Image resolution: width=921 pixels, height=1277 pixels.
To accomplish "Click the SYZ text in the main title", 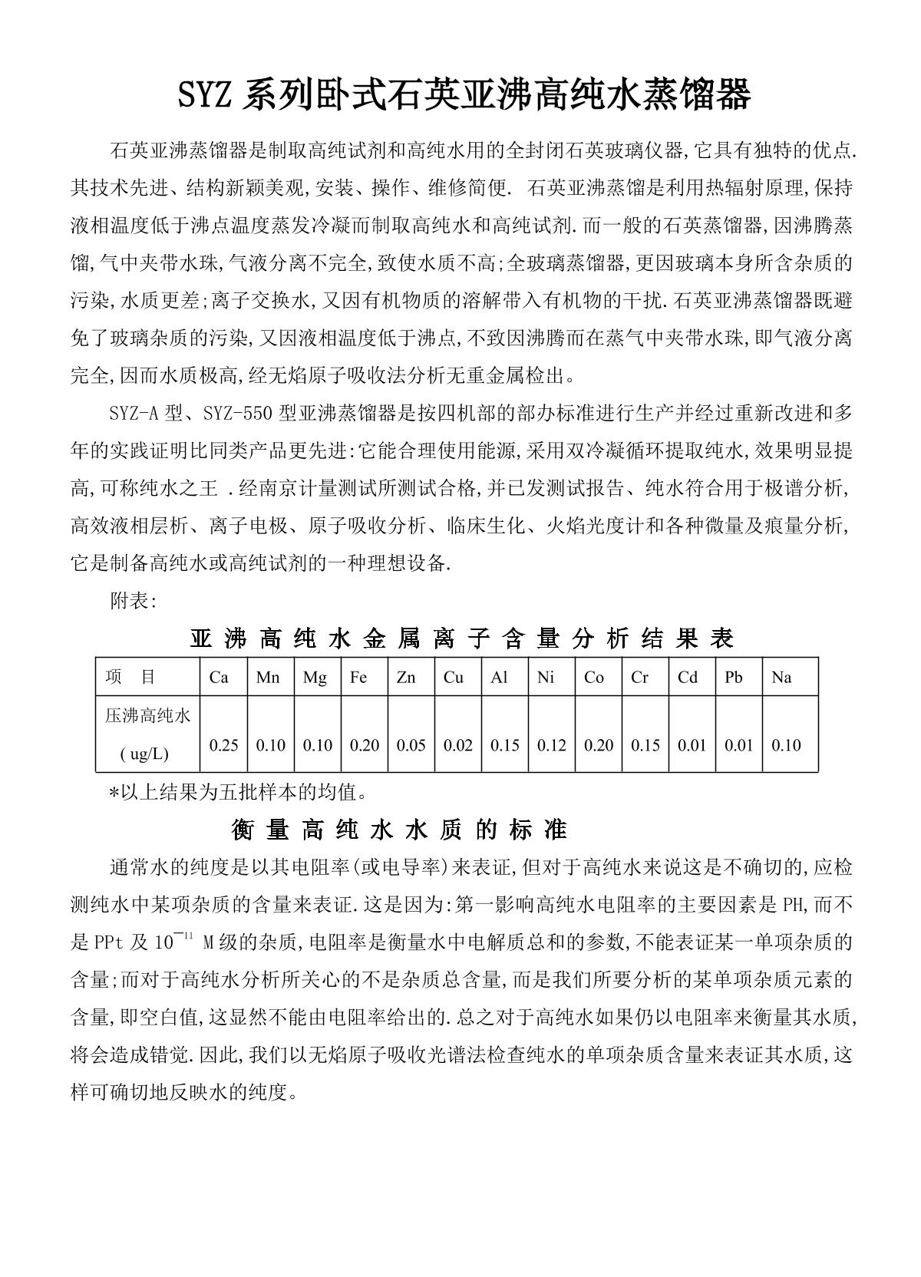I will pos(206,97).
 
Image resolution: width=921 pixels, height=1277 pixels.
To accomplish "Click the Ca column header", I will pos(219,677).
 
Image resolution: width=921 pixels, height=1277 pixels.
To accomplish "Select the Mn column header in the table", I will pos(268,677).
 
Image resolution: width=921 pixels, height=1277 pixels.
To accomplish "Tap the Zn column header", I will pos(406,677).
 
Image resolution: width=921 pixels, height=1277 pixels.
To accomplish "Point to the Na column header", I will pos(781,677).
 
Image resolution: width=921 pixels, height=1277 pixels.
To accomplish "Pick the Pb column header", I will pos(734,677).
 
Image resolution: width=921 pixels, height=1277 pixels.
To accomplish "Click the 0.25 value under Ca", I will pos(223,745).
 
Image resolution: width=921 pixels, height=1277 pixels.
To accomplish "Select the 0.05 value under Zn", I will pos(411,745).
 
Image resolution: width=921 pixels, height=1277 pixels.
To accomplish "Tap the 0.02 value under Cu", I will pos(457,745).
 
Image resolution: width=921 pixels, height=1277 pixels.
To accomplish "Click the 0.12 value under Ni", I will pos(551,745).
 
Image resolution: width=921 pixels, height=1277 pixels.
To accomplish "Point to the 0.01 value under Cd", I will pos(692,745).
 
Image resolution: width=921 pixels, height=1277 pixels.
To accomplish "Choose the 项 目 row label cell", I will pos(130,677).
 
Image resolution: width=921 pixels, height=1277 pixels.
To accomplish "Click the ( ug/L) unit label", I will pos(144,754).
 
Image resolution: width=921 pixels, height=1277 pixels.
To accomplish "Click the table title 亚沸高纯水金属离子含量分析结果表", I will pos(461,639).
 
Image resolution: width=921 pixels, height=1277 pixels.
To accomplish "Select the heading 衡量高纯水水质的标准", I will pos(399,830).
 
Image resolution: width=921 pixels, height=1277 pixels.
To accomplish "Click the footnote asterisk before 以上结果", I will pos(114,792).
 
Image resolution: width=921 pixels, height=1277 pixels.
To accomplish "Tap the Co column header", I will pos(593,677).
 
